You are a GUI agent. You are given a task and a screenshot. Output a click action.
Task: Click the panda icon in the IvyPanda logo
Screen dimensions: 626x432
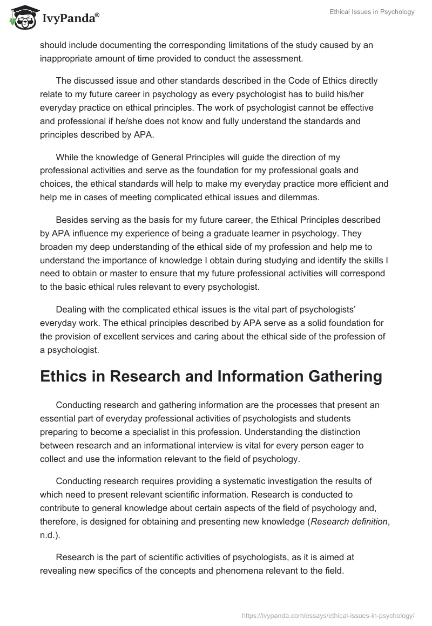pyautogui.click(x=22, y=18)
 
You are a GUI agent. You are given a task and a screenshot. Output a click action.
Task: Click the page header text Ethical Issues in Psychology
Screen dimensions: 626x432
pyautogui.click(x=372, y=12)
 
